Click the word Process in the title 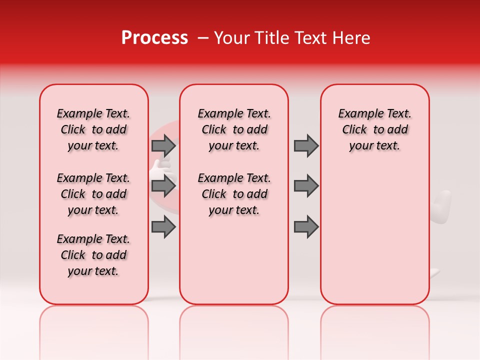point(154,38)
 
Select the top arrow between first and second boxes point(163,145)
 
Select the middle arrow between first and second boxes point(163,186)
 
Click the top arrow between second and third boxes point(306,145)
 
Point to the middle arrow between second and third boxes point(306,186)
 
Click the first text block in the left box point(93,129)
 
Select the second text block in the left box point(93,194)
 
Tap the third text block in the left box point(93,255)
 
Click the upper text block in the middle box point(234,129)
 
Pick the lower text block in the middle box point(234,194)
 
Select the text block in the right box point(375,129)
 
